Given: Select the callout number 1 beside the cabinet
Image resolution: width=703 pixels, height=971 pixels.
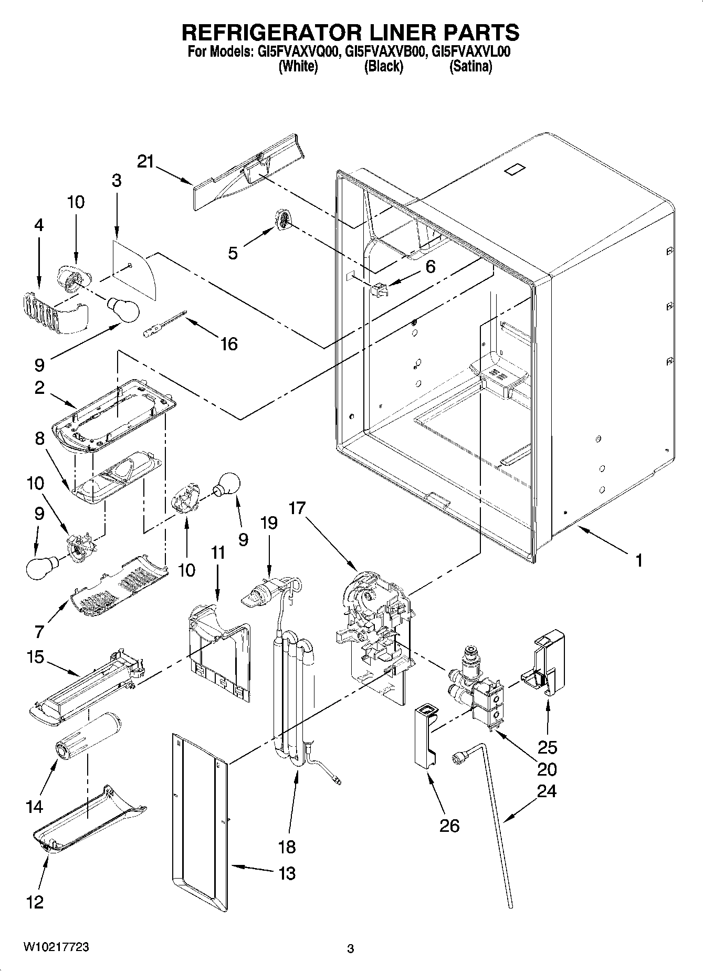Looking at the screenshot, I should pos(638,561).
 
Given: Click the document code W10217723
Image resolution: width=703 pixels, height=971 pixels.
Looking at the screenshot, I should pos(56,947).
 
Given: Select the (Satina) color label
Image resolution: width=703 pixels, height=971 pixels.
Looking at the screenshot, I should pos(470,67).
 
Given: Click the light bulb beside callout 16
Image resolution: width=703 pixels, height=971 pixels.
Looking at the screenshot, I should pos(123,309).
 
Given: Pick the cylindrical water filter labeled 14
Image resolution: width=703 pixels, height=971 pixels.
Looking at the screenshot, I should pos(88,735).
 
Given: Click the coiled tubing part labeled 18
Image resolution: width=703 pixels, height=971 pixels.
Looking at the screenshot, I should pos(294,698).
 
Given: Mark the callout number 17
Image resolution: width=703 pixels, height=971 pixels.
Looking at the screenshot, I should pos(297,508).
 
